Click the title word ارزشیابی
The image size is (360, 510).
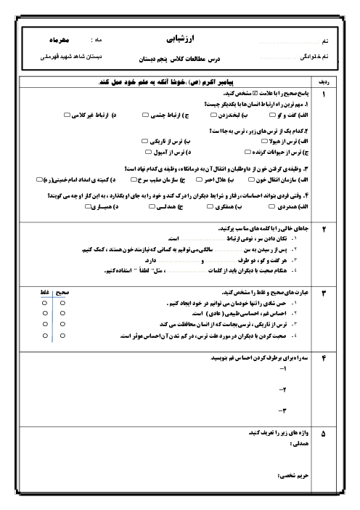[x=180, y=39]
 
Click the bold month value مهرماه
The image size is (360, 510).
[x=59, y=40]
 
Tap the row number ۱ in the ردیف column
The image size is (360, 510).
[x=324, y=94]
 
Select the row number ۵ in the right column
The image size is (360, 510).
[x=323, y=434]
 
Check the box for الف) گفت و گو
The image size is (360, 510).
[x=273, y=115]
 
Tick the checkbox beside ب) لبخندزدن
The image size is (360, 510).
[x=213, y=115]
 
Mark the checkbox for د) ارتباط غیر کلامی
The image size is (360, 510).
[x=67, y=115]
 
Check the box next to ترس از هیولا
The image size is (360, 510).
[x=264, y=141]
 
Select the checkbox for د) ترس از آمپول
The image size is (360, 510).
[x=148, y=152]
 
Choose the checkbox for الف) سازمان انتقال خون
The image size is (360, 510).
[x=251, y=179]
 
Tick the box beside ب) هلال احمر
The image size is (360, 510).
[x=199, y=179]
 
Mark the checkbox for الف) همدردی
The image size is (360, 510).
[x=271, y=206]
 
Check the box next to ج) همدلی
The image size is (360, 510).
[x=152, y=206]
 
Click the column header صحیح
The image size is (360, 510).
[x=62, y=292]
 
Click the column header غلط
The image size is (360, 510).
[x=44, y=292]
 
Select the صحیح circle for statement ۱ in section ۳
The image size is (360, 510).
[x=62, y=303]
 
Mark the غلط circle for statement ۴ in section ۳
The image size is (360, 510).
[x=45, y=336]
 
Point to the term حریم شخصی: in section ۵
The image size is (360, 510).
[x=293, y=476]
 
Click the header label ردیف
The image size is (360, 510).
[x=324, y=82]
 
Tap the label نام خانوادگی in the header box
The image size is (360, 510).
[x=314, y=57]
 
